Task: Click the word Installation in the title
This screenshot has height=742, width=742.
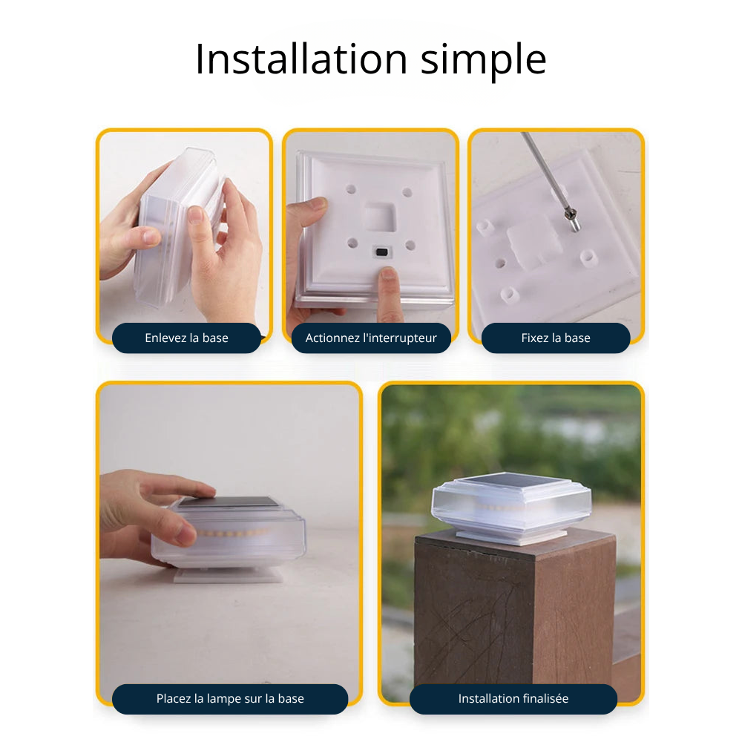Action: tap(301, 59)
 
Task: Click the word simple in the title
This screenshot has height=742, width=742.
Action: tap(484, 62)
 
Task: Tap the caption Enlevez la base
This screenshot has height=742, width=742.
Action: tap(186, 338)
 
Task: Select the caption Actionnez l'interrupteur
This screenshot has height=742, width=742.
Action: tap(371, 338)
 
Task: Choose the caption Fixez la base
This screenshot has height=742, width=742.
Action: tap(556, 338)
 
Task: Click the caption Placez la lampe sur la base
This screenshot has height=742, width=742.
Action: tap(230, 698)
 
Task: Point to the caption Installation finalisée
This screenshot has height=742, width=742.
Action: tap(513, 698)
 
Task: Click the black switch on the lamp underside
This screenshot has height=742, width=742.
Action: tap(381, 252)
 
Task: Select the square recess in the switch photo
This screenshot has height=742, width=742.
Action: tap(380, 217)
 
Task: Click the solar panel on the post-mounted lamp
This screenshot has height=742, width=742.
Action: tap(513, 482)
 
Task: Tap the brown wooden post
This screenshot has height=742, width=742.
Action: tap(515, 615)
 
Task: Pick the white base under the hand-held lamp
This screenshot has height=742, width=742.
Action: tap(229, 576)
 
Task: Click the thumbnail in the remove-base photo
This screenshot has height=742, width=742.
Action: tap(194, 215)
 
